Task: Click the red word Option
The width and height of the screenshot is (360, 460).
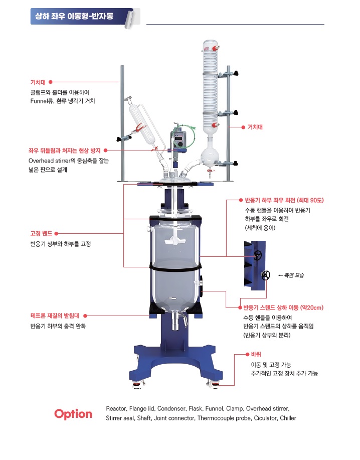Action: coord(73,414)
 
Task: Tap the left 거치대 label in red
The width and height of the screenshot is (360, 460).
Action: coord(38,82)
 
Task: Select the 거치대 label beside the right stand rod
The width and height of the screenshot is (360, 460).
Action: coord(255,127)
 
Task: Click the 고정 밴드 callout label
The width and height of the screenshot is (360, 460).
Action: coord(41,234)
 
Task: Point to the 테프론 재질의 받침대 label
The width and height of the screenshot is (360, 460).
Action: coord(55,316)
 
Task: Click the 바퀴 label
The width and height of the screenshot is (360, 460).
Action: coord(256,354)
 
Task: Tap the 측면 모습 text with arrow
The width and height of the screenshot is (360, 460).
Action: coord(291,275)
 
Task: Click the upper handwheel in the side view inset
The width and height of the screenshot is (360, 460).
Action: coord(258,255)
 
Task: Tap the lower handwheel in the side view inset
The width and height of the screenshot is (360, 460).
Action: coord(266,275)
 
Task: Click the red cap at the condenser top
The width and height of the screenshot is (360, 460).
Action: coord(216,48)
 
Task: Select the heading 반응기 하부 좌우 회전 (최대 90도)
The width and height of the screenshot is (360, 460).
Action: coord(284,200)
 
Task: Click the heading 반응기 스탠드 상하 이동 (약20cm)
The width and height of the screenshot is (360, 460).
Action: coord(283,308)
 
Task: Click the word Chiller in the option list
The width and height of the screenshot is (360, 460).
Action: coord(288,418)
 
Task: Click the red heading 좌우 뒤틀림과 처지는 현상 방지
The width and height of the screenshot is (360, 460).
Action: coord(65,150)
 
